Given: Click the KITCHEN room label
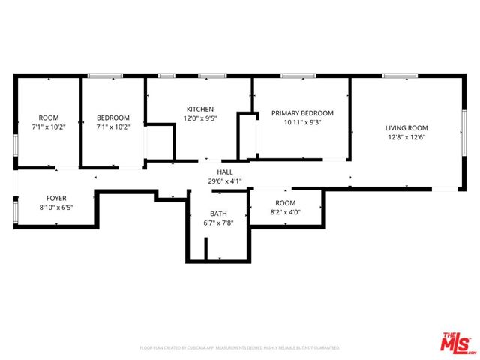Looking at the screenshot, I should click(x=200, y=109).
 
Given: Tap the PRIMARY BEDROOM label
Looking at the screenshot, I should click(x=302, y=113).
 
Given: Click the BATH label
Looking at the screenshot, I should click(x=218, y=214).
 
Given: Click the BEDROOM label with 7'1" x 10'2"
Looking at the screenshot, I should click(x=113, y=118).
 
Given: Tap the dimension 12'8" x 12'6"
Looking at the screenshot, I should click(x=406, y=137).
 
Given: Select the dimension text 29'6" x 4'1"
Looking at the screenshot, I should click(x=225, y=181).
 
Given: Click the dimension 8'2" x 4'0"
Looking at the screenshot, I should click(x=286, y=212).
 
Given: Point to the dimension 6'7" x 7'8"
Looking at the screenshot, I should click(x=218, y=223).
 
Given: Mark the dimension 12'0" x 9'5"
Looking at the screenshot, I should click(x=200, y=118).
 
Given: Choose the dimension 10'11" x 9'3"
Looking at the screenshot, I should click(x=302, y=122).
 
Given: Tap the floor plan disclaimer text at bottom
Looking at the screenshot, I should click(x=239, y=348).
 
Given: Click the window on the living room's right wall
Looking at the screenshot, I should click(x=463, y=133).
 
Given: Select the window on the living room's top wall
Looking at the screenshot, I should click(x=399, y=76).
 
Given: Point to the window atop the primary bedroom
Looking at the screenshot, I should click(x=297, y=76).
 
